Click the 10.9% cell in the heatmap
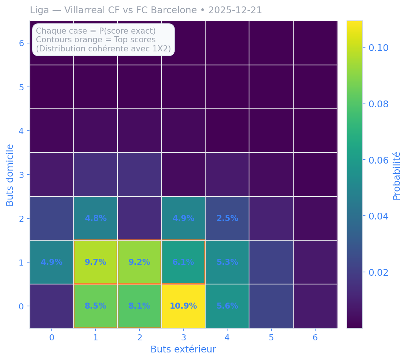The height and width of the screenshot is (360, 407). [x=183, y=306]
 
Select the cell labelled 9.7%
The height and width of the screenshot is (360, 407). [x=96, y=262]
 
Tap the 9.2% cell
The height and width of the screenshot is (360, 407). [x=139, y=262]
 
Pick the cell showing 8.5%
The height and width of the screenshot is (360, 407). [x=96, y=306]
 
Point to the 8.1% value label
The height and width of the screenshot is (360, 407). [x=139, y=306]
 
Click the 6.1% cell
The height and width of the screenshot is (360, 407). [x=183, y=262]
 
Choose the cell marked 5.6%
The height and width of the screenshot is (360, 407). [x=227, y=306]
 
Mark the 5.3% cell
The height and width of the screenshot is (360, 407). [x=227, y=262]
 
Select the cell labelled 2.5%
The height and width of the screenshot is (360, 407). [x=227, y=218]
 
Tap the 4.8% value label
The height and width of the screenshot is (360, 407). [x=96, y=218]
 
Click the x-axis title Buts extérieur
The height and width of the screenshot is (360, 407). [x=183, y=349]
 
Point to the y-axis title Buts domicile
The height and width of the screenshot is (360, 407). [x=10, y=175]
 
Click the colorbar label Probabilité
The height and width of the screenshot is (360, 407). [x=396, y=176]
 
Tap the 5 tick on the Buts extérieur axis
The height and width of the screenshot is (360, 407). [x=271, y=337]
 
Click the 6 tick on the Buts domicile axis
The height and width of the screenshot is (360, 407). [x=22, y=43]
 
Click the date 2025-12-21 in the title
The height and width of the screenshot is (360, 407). [x=235, y=10]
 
